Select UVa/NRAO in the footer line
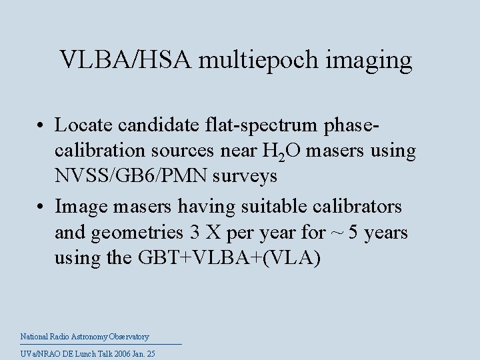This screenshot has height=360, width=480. (38, 354)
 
